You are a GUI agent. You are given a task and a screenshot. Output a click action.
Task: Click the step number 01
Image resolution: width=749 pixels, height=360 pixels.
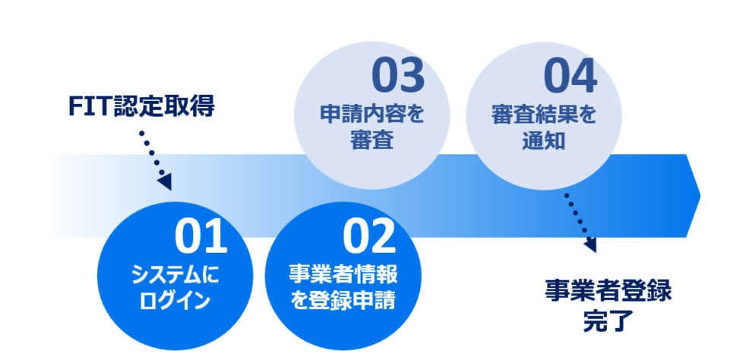[201, 236]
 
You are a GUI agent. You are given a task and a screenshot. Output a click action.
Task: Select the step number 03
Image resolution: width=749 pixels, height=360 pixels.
[397, 77]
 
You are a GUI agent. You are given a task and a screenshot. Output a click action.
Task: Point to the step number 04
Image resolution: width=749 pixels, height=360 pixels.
[570, 77]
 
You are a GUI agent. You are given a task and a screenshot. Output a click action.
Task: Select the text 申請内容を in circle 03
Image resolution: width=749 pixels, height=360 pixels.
[371, 115]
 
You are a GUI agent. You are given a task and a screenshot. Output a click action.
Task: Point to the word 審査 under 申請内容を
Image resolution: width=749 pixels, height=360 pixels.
[371, 141]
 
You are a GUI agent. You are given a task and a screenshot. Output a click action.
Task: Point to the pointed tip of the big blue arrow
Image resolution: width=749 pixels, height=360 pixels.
[700, 195]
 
